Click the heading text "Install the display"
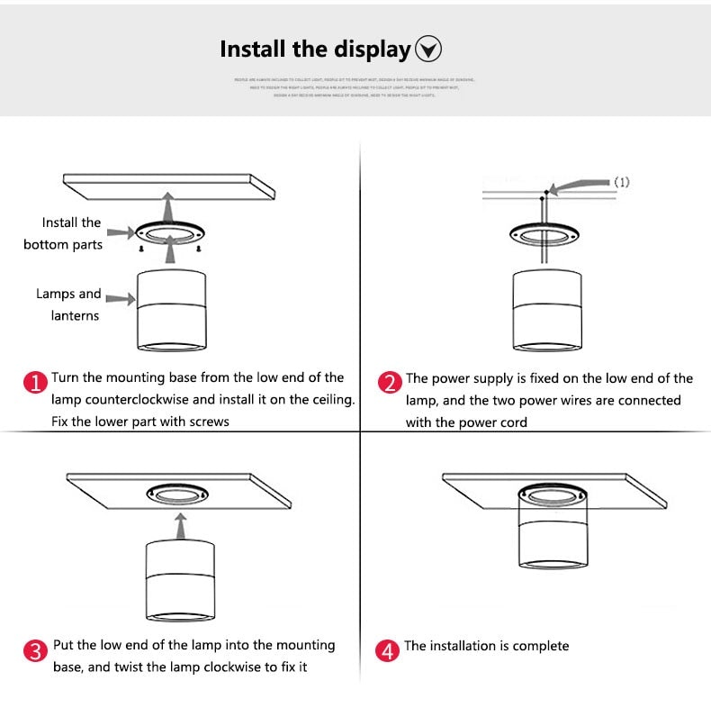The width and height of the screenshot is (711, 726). click(x=315, y=49)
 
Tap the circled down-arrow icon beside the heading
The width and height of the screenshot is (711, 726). click(x=428, y=49)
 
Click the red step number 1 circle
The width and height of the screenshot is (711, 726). click(x=34, y=383)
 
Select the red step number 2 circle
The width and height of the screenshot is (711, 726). click(x=389, y=383)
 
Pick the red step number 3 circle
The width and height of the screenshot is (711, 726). click(x=34, y=650)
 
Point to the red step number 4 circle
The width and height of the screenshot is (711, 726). click(x=387, y=650)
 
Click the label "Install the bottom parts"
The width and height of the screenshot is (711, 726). click(x=63, y=233)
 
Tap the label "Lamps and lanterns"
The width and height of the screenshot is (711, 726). click(x=68, y=304)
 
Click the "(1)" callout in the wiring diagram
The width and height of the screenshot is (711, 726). click(x=621, y=182)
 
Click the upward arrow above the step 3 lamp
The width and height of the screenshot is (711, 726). click(x=180, y=524)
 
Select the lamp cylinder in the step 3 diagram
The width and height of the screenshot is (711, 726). click(x=179, y=580)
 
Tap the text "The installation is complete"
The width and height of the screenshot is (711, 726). click(x=486, y=646)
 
